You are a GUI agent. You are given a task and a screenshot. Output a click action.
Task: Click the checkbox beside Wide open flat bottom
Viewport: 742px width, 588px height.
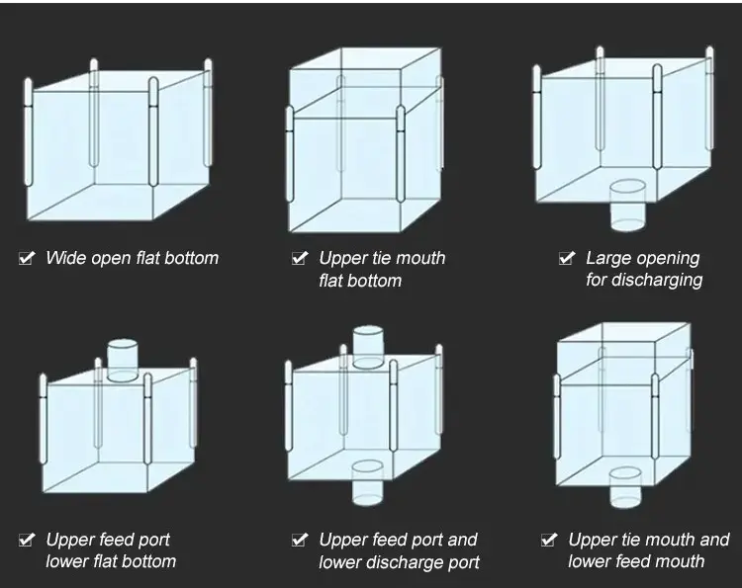[x=27, y=258]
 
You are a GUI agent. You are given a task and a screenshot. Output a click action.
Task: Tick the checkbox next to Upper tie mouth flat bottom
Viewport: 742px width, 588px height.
[x=300, y=258]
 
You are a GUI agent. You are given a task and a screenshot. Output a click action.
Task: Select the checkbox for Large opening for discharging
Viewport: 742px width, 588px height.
[x=567, y=258]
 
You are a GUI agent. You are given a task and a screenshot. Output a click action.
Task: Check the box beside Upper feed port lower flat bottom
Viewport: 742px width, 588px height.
[x=27, y=540]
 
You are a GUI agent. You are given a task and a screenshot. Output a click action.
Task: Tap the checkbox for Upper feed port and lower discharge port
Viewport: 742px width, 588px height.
[x=300, y=540]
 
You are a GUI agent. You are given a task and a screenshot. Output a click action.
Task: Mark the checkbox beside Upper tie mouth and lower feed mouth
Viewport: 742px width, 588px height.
[x=549, y=540]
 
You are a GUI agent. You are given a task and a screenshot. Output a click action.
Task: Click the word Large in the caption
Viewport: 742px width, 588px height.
[x=603, y=259]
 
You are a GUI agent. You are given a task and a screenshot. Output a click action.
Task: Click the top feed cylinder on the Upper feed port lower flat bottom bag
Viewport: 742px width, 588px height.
[x=123, y=360]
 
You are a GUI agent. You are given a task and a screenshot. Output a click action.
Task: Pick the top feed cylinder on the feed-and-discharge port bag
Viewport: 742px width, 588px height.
[x=368, y=347]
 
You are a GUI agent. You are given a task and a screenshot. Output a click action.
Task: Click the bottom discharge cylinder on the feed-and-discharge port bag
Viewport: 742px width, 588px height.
[x=368, y=482]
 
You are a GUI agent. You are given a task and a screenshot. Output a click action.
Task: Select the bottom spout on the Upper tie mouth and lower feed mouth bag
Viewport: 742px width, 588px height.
[x=625, y=487]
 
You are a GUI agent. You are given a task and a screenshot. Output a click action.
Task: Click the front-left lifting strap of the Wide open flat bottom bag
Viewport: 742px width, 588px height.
[x=28, y=131]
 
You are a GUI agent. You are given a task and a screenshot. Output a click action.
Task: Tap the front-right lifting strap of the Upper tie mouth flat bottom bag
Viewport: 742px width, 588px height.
[x=401, y=153]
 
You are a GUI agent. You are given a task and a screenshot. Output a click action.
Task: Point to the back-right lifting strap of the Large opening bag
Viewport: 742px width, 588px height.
[x=709, y=98]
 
